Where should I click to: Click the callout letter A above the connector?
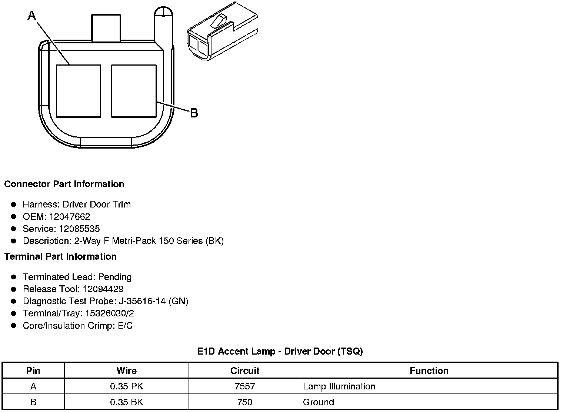[x=32, y=16]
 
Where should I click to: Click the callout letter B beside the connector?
[x=194, y=113]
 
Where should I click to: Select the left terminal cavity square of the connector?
[x=79, y=91]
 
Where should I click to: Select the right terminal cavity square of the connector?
[x=134, y=91]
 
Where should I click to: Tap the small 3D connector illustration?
[x=223, y=31]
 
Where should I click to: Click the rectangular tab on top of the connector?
[x=106, y=28]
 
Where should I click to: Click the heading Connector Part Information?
[x=64, y=184]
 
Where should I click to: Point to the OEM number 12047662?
[x=70, y=216]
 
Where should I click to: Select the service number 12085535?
[x=79, y=229]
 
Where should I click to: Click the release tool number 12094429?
[x=103, y=289]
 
